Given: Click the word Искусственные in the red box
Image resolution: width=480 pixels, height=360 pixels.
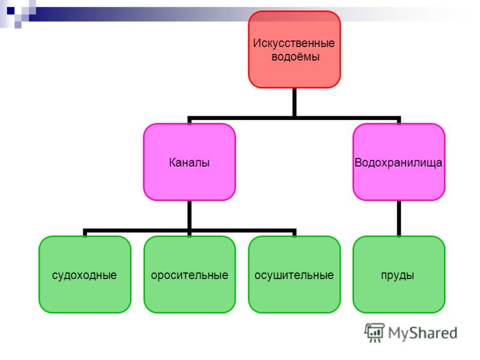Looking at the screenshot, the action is point(294,43).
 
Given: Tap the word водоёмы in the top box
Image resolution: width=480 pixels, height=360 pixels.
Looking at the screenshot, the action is point(295,57).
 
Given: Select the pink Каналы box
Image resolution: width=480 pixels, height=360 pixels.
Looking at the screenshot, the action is point(190,162).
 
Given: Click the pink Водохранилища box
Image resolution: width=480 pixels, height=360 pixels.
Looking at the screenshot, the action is point(398,162).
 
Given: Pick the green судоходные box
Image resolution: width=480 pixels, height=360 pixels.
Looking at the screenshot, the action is point(85,274).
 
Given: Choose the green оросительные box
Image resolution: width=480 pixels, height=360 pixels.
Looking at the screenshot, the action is point(190,274).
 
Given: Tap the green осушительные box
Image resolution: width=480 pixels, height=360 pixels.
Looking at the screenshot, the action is point(294,274).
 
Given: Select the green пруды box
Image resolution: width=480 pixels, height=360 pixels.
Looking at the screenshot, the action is point(398,274).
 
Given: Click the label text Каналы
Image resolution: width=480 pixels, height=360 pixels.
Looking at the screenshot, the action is point(189,163).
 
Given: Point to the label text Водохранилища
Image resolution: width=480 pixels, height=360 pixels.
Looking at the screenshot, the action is point(398,163).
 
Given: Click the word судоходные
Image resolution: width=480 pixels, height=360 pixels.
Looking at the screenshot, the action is point(85,275).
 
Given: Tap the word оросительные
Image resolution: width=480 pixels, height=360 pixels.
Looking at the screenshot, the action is point(190,275).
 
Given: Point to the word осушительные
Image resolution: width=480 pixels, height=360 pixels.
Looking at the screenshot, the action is point(294,275).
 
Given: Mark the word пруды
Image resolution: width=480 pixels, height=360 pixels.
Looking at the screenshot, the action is point(398,275).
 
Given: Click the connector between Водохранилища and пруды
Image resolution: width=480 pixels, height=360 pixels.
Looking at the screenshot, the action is point(399,218).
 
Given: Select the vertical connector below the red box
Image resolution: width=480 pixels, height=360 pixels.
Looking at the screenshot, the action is point(294,102).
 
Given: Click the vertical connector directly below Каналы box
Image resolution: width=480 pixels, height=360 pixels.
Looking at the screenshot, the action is point(190,215).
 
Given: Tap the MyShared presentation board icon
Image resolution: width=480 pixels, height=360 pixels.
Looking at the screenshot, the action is point(374,332).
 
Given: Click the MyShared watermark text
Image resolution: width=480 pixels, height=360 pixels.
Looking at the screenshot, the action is point(422,333).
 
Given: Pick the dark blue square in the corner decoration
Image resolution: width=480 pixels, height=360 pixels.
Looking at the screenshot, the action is point(11,11).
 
